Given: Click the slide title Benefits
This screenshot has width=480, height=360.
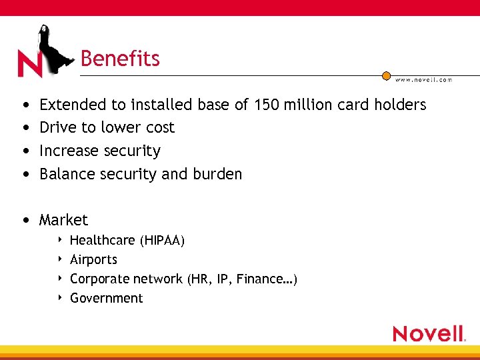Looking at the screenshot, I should pyautogui.click(x=120, y=59).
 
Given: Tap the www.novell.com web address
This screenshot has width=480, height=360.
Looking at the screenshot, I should pyautogui.click(x=423, y=79).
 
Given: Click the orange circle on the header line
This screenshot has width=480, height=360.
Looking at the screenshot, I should pyautogui.click(x=386, y=75).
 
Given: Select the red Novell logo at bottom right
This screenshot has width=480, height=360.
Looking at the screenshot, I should pyautogui.click(x=429, y=333).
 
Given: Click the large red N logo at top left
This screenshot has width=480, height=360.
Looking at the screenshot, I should pyautogui.click(x=29, y=65).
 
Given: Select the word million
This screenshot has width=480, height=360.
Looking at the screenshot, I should pyautogui.click(x=310, y=105).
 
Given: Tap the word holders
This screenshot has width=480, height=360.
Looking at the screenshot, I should pyautogui.click(x=400, y=105).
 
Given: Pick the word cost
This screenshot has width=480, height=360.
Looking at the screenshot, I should pyautogui.click(x=160, y=127).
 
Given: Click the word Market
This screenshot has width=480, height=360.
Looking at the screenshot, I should pyautogui.click(x=63, y=220).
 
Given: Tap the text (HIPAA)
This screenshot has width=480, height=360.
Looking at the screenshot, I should pyautogui.click(x=162, y=240).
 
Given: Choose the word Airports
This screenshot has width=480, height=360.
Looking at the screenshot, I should pyautogui.click(x=93, y=259).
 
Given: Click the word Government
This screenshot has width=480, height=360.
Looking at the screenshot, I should pyautogui.click(x=106, y=298).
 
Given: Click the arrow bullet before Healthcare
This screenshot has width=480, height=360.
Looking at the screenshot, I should pyautogui.click(x=60, y=239).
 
